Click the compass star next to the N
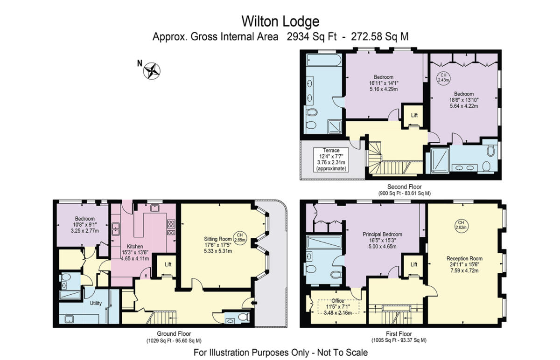pos(152,71)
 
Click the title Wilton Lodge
pos(280,21)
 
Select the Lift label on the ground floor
pos(167,264)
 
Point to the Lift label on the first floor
pos(413,264)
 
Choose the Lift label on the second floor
pos(414,115)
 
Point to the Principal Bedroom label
pos(382,235)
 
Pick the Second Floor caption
pos(404,187)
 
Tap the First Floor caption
pos(399,334)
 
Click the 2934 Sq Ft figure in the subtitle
pos(308,37)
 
